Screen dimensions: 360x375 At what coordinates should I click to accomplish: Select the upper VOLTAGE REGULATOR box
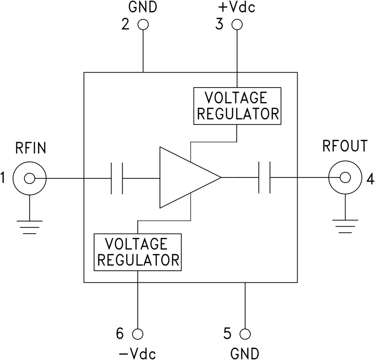point(237,106)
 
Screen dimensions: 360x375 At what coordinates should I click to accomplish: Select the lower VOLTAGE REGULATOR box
point(137,251)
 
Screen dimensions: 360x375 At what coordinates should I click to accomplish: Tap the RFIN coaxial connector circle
point(29,178)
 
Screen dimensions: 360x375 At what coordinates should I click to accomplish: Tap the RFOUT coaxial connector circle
point(345,177)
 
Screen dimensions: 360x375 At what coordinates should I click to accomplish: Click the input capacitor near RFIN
point(117,178)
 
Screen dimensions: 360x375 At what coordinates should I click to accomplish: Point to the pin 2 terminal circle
point(142,25)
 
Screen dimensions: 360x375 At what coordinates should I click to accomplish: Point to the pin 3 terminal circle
point(237,25)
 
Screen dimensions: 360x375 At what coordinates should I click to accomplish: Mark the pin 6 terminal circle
point(137,334)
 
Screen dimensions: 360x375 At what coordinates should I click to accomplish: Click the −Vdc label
point(137,352)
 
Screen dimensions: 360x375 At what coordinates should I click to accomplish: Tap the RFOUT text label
point(345,147)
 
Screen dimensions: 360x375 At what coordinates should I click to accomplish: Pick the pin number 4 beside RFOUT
point(370,178)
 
